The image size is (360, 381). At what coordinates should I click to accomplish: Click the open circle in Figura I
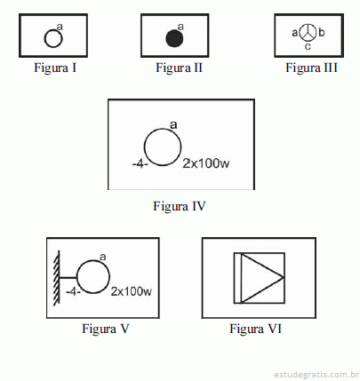pos(44,38)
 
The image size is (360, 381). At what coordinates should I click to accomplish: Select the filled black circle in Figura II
pos(174,38)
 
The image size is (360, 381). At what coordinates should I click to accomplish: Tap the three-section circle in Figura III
pos(308,33)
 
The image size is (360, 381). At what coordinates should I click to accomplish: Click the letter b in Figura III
pos(322,32)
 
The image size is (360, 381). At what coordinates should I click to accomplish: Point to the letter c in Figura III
pos(308,46)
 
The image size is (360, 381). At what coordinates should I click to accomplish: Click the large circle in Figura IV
pos(144,147)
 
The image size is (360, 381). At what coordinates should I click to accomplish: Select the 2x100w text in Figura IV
pos(206,163)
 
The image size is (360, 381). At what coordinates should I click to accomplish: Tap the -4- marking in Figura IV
pos(140,163)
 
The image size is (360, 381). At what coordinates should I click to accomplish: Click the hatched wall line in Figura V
pos(57,278)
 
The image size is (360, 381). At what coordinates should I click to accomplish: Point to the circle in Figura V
pos(77,277)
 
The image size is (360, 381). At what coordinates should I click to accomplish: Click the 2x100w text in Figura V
pos(132,291)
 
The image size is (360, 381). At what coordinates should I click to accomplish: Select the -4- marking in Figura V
pos(73,292)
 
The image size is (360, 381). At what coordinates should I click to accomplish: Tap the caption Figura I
pos(55,67)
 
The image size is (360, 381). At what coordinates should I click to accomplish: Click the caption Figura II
pos(180,67)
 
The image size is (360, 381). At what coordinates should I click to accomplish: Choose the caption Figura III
pos(311,67)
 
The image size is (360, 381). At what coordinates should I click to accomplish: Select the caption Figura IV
pos(180,206)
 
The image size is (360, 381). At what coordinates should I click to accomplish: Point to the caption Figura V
pos(106,329)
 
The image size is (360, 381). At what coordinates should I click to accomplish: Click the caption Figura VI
pos(256,329)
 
